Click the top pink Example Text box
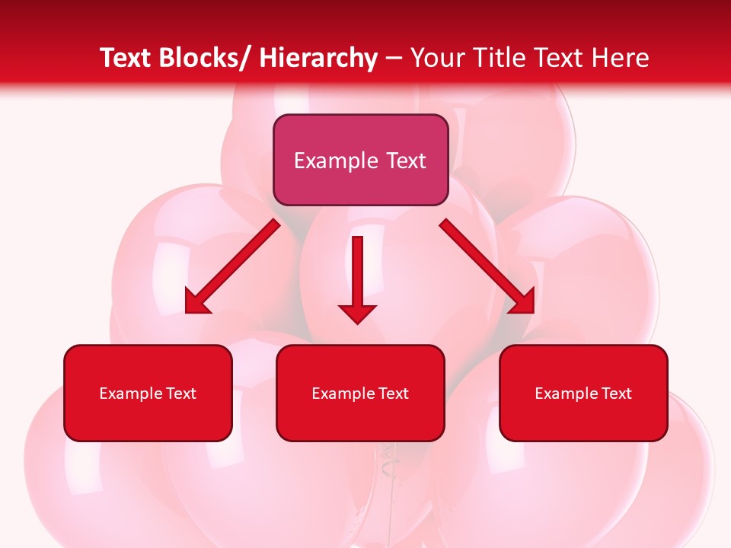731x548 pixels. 360,160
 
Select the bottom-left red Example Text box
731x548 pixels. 148,393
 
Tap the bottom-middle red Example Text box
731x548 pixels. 360,393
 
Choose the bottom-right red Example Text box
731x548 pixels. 583,393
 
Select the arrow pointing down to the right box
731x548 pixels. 488,266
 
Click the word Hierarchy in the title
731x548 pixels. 318,58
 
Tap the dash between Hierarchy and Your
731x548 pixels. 394,59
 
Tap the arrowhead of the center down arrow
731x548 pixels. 358,313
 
